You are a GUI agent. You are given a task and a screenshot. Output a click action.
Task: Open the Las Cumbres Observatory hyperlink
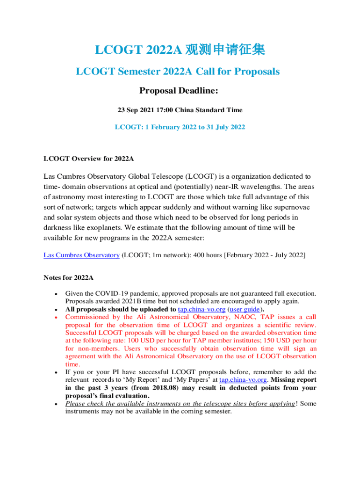tap(81, 255)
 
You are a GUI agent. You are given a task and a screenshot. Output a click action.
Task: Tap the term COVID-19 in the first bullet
tap(111, 294)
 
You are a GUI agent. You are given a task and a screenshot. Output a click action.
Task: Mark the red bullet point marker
tap(56, 317)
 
